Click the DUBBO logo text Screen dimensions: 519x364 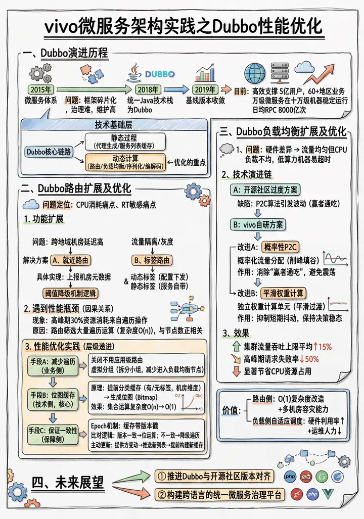[x=159, y=74]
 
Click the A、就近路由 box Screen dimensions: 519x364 [x=70, y=260]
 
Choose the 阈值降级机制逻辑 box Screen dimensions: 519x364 [x=69, y=293]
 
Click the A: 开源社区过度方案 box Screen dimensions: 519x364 [x=265, y=190]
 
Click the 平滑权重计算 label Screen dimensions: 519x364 [x=285, y=293]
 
